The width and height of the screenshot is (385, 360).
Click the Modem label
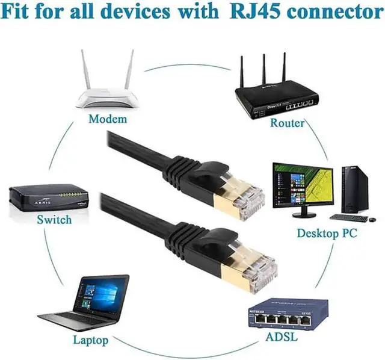coord(108,119)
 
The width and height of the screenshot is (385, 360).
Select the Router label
coord(287,123)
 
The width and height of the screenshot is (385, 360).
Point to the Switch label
coord(54,220)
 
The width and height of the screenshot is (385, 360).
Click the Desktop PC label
coord(327,233)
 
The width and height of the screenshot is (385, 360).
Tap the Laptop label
coord(91,340)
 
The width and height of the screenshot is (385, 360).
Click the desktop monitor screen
coord(302,184)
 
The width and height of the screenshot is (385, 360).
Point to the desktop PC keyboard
coord(350,218)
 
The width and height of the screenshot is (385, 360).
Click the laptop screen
coord(103,296)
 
